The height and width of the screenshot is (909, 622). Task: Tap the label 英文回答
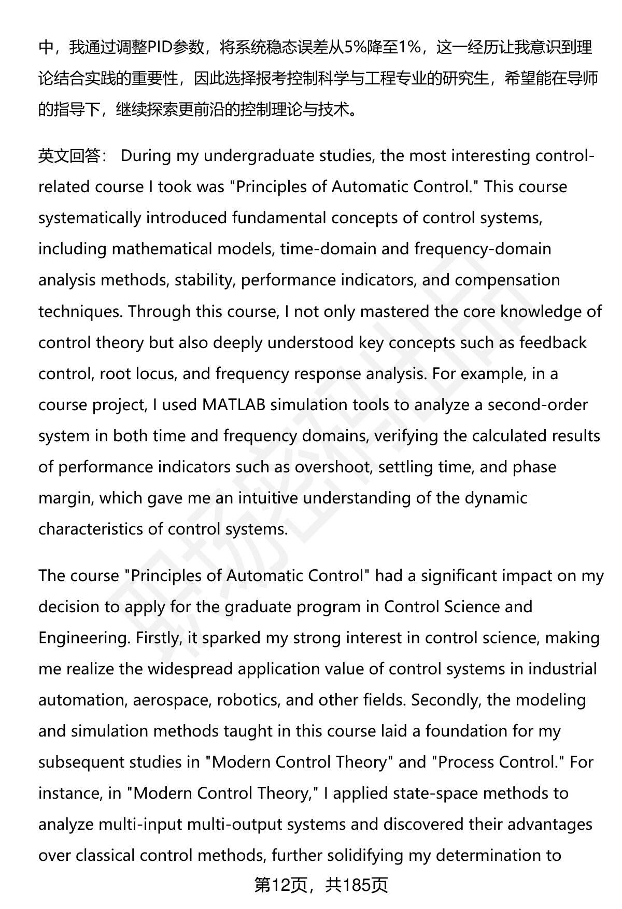click(x=69, y=156)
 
